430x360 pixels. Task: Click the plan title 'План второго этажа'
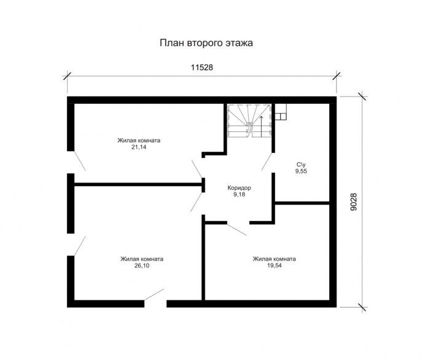(206, 44)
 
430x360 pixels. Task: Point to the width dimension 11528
(202, 68)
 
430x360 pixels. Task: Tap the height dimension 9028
(354, 202)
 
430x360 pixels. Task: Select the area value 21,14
(139, 147)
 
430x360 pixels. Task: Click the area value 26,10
(142, 265)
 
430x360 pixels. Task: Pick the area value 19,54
(274, 265)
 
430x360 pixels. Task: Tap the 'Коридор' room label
(239, 188)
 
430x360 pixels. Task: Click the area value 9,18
(239, 195)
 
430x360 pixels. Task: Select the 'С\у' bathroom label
(301, 165)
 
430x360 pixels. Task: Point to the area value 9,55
(301, 171)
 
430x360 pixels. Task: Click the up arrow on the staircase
(261, 126)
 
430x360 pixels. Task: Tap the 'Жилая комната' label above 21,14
(139, 141)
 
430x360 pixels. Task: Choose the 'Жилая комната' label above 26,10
(142, 259)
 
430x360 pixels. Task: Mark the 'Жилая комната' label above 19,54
(274, 259)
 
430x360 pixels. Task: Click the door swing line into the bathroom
(267, 161)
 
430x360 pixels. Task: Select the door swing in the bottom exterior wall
(154, 294)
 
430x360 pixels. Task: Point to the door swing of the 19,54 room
(237, 230)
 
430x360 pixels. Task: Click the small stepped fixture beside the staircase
(281, 112)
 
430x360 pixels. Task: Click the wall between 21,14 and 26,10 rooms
(138, 185)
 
